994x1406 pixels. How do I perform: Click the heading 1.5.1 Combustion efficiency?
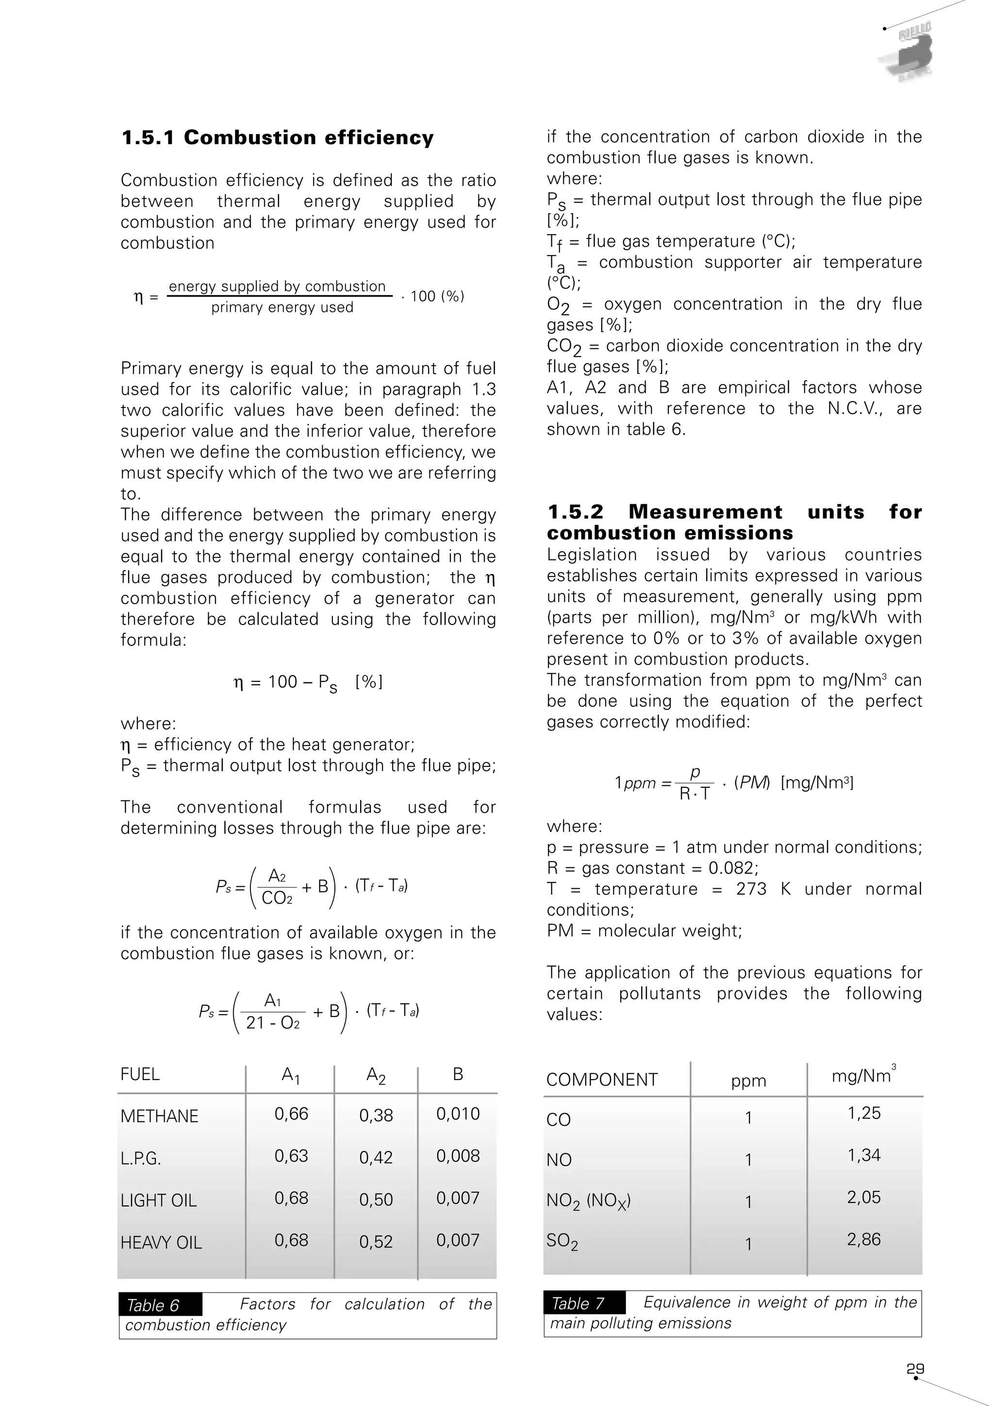(x=277, y=138)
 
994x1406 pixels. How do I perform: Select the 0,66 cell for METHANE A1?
(x=291, y=1114)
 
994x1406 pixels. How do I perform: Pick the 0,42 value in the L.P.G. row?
(x=375, y=1157)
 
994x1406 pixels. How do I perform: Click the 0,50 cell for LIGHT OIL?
(x=375, y=1200)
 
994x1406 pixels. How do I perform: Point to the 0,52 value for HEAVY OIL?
(x=375, y=1242)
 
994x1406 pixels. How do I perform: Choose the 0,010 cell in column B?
(x=457, y=1114)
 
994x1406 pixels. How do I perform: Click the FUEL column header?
(x=140, y=1075)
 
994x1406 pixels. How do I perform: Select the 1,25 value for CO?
(x=863, y=1113)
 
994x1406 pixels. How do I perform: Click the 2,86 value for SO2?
(x=863, y=1239)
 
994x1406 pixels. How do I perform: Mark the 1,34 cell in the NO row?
(x=863, y=1155)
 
